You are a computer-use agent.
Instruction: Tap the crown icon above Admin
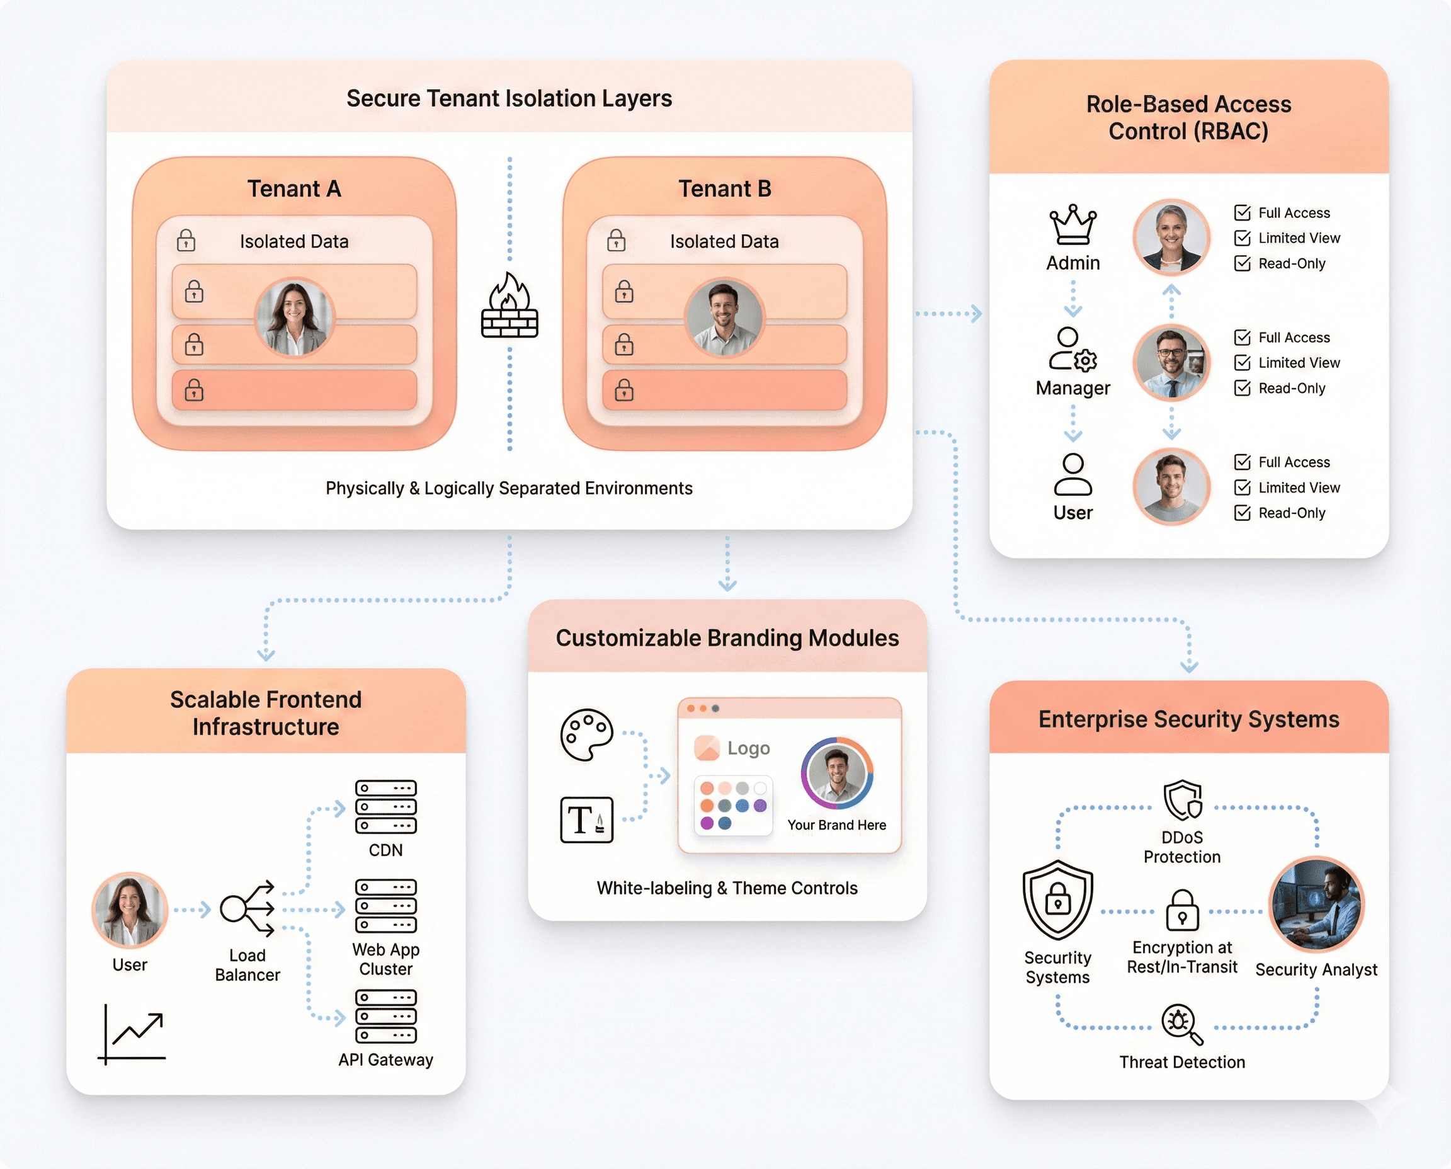[x=1073, y=225]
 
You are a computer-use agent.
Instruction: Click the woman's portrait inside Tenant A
[x=294, y=318]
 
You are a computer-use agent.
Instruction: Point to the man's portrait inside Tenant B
[x=724, y=318]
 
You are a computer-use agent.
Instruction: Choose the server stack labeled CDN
[x=386, y=807]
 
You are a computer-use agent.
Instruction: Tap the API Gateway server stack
[x=386, y=1016]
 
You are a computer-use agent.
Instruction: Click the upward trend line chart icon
[x=134, y=1034]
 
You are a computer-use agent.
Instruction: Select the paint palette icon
[x=586, y=734]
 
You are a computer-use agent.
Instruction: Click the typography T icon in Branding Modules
[x=586, y=819]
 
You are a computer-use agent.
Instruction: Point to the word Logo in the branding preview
[x=748, y=748]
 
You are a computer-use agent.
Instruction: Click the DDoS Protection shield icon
[x=1182, y=801]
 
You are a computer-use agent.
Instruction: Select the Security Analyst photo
[x=1316, y=905]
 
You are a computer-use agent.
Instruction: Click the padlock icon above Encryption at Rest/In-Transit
[x=1181, y=910]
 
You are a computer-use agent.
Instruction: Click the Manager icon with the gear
[x=1073, y=350]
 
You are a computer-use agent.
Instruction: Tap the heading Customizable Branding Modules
[x=727, y=637]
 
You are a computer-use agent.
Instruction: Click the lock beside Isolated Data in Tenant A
[x=186, y=241]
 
